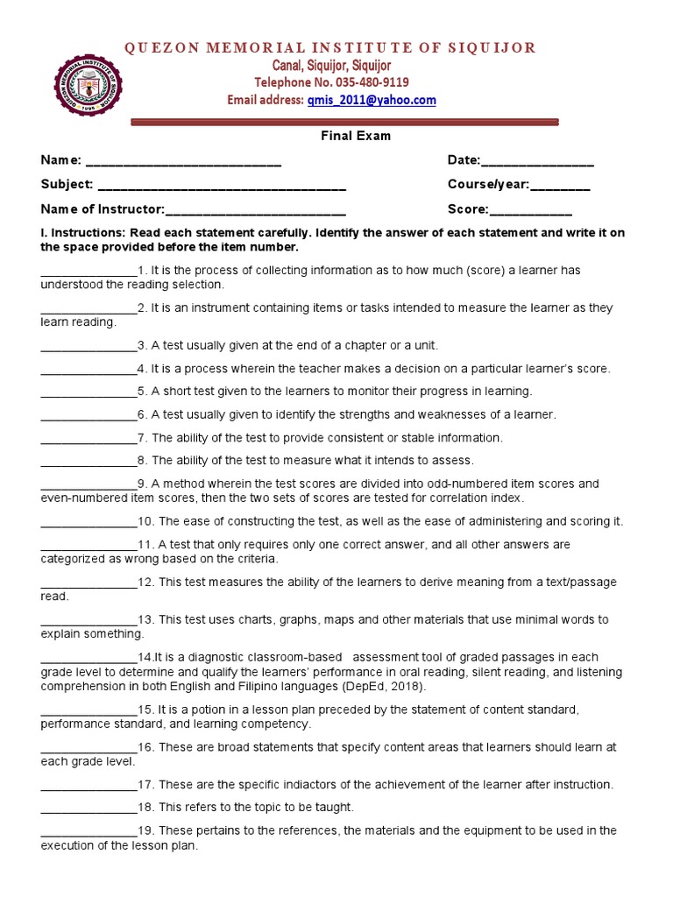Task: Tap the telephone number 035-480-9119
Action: point(361,82)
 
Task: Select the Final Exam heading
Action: point(354,136)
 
